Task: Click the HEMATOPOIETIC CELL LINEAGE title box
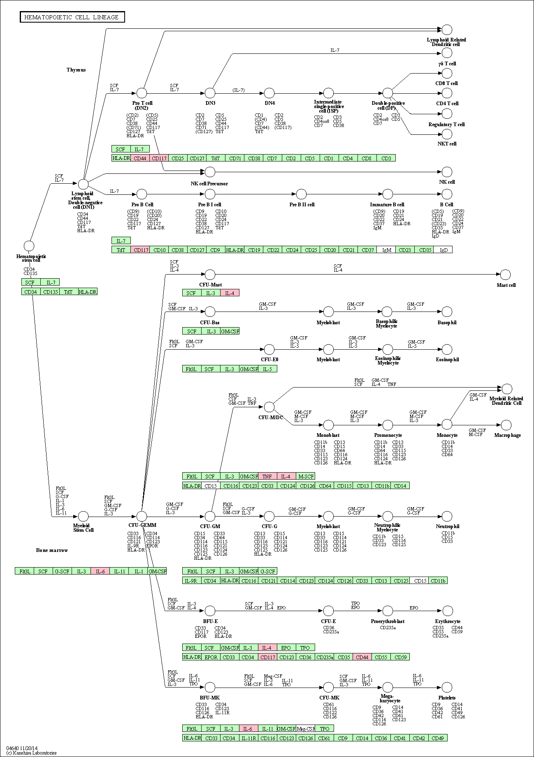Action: (72, 17)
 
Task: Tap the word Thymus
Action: (76, 70)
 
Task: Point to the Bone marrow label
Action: (52, 550)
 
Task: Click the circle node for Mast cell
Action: (506, 275)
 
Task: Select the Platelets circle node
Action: (447, 687)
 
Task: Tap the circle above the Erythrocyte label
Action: (447, 611)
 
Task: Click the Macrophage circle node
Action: (506, 425)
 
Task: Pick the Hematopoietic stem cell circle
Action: (29, 246)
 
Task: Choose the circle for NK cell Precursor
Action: (210, 172)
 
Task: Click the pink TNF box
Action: (267, 476)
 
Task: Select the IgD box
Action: (443, 249)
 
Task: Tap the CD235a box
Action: (324, 657)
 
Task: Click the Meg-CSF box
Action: (305, 729)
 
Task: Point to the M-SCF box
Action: (305, 476)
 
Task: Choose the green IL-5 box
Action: (267, 369)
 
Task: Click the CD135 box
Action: (50, 292)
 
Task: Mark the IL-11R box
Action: (248, 738)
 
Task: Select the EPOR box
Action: (211, 657)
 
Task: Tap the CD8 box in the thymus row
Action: (367, 158)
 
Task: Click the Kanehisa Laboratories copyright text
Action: (32, 753)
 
